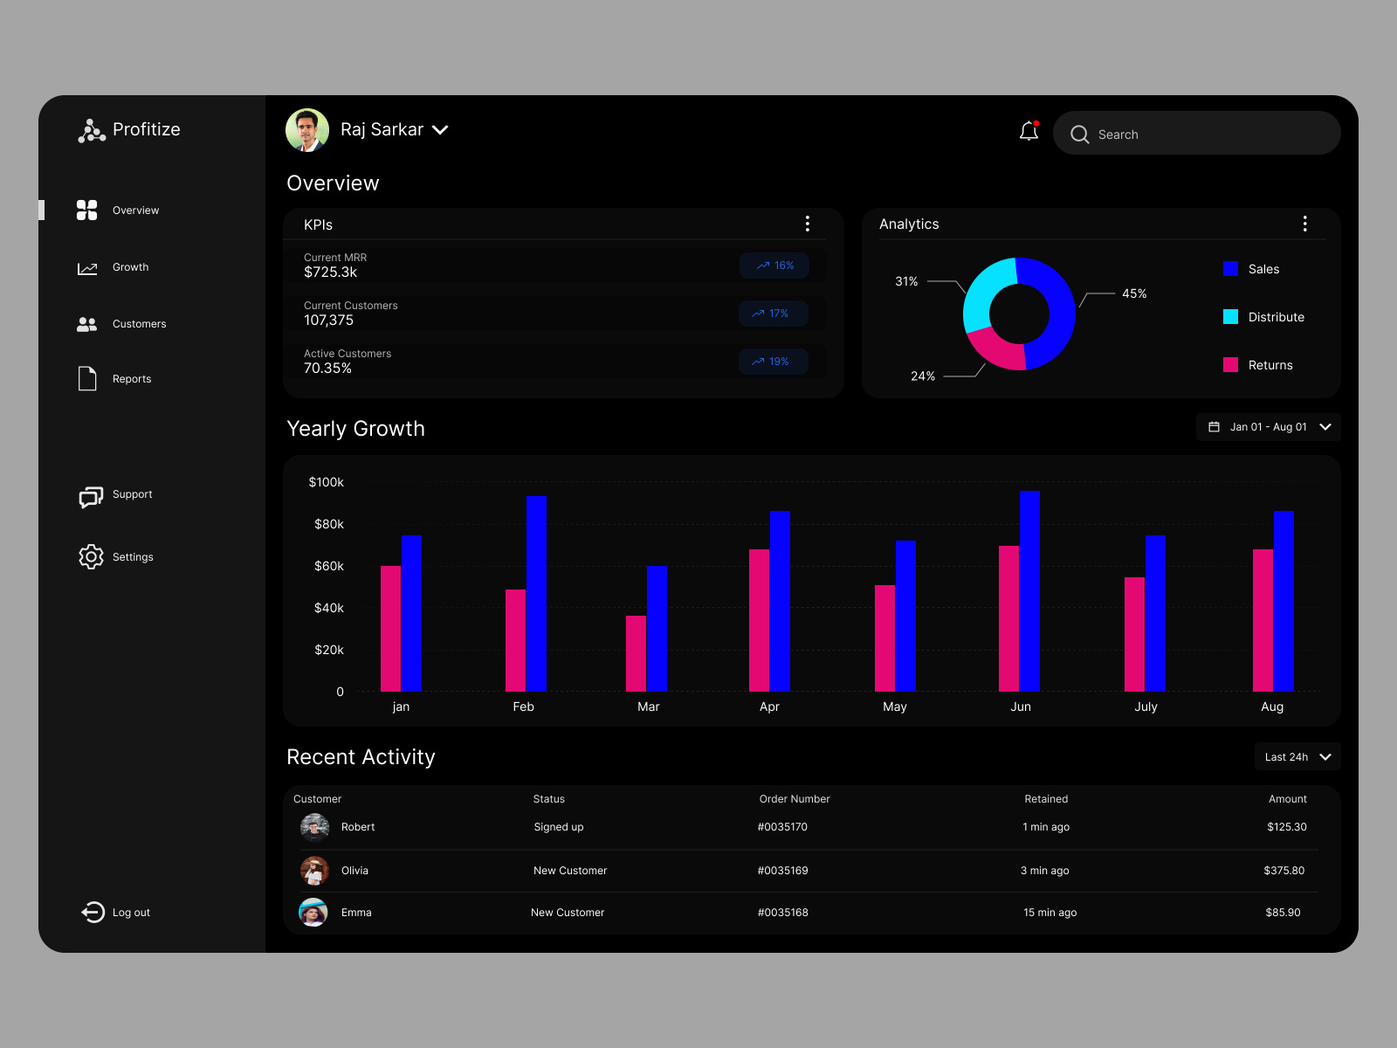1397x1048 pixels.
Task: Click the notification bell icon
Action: point(1029,132)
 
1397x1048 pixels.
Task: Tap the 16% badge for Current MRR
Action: point(774,265)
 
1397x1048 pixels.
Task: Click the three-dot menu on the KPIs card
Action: point(808,224)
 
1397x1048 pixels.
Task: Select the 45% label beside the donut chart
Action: point(1133,293)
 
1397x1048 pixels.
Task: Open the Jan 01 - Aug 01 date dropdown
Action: point(1268,427)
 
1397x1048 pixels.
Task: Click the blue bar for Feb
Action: point(536,594)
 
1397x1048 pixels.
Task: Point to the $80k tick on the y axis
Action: point(329,524)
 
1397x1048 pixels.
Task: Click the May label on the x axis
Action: point(895,707)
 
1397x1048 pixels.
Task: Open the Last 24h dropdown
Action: point(1297,757)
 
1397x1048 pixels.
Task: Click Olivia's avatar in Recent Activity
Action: point(314,871)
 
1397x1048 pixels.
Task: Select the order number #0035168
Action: point(783,913)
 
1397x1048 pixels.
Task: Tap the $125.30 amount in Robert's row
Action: point(1286,827)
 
